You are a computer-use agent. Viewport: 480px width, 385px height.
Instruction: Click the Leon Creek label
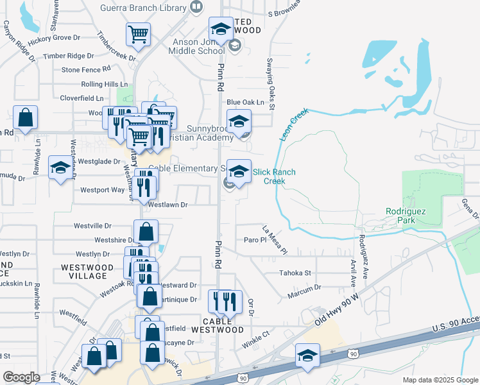[x=294, y=124]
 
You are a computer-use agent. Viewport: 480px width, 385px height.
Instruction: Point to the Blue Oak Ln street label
[x=245, y=102]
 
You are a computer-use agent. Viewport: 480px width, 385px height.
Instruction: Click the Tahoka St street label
[x=295, y=273]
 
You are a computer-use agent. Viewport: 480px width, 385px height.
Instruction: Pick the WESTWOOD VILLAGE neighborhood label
[x=83, y=271]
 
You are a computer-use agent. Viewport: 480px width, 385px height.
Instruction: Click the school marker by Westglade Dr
[x=61, y=168]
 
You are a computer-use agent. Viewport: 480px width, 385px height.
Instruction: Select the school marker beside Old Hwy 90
[x=307, y=355]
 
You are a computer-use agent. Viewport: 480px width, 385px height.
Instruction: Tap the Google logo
[x=21, y=377]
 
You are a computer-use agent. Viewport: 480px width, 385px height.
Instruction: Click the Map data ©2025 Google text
[x=440, y=380]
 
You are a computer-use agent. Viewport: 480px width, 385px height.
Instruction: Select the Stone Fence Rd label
[x=88, y=69]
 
